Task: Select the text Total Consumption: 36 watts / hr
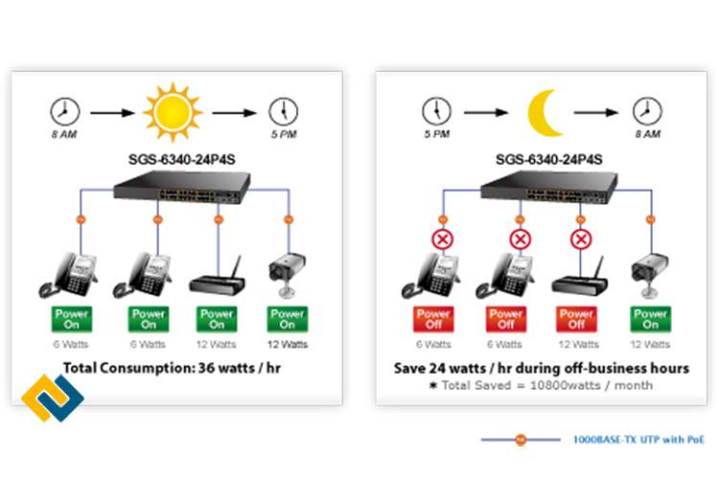(171, 367)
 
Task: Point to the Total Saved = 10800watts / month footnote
(541, 385)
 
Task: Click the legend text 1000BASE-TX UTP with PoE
(638, 440)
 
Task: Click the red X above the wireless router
(579, 238)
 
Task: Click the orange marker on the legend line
(520, 440)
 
